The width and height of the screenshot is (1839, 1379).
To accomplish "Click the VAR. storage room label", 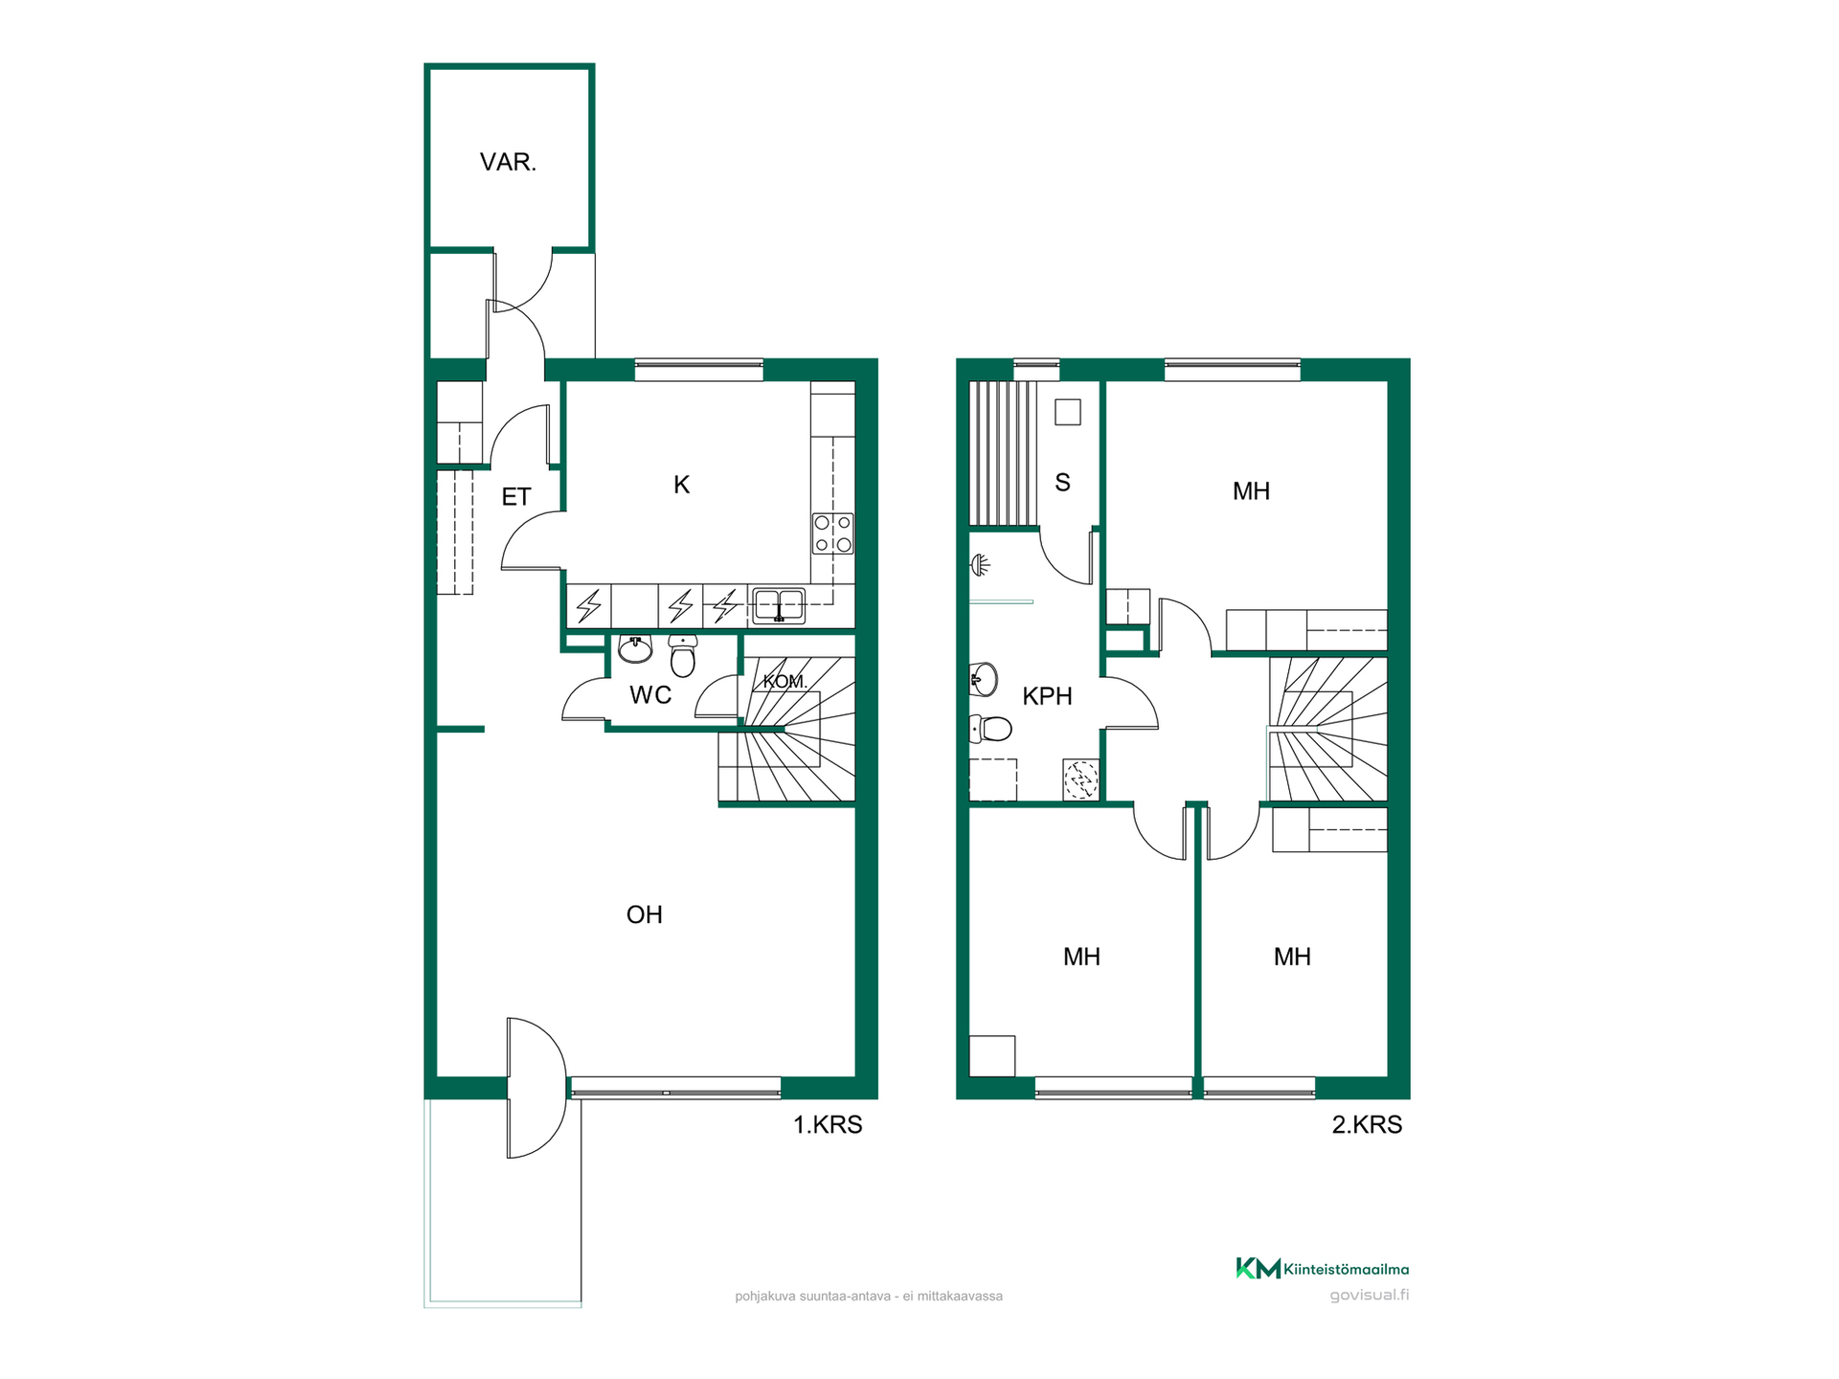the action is pyautogui.click(x=508, y=162).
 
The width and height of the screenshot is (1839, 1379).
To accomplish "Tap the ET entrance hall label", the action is pyautogui.click(x=516, y=497).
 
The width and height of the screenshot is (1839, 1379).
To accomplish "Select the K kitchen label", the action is pyautogui.click(x=682, y=485).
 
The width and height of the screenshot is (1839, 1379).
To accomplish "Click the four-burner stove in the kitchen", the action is pyautogui.click(x=833, y=533).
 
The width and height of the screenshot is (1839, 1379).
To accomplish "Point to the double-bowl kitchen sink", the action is pyautogui.click(x=779, y=605).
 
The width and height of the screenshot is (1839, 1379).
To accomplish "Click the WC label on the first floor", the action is pyautogui.click(x=650, y=695).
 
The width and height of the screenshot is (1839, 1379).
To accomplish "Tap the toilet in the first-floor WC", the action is pyautogui.click(x=683, y=656).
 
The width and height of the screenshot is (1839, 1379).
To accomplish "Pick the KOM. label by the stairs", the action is pyautogui.click(x=785, y=682).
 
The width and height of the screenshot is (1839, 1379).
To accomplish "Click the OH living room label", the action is pyautogui.click(x=645, y=915).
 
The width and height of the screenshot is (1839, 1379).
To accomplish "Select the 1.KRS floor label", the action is pyautogui.click(x=828, y=1124).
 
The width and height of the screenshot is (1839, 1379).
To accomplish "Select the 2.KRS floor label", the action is pyautogui.click(x=1367, y=1124).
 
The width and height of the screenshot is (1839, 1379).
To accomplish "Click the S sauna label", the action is pyautogui.click(x=1062, y=483).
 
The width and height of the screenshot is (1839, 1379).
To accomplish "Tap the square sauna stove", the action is pyautogui.click(x=1068, y=413).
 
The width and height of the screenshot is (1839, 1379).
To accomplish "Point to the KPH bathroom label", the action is pyautogui.click(x=1047, y=696).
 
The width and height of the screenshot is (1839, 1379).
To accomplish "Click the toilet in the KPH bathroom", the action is pyautogui.click(x=991, y=729).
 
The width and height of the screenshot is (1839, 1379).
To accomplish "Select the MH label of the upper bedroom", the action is pyautogui.click(x=1251, y=491).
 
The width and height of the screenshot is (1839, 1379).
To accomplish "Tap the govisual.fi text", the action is pyautogui.click(x=1370, y=1296).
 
